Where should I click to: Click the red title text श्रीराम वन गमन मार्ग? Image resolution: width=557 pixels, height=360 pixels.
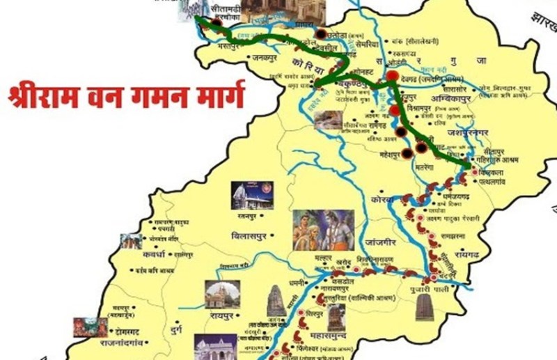click(126, 95)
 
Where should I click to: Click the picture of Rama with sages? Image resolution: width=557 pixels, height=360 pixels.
click(323, 230)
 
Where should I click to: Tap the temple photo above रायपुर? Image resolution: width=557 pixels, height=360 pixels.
click(222, 293)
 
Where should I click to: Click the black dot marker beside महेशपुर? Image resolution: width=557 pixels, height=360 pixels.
click(407, 153)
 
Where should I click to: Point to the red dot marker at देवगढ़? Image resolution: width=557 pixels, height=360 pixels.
click(393, 76)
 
